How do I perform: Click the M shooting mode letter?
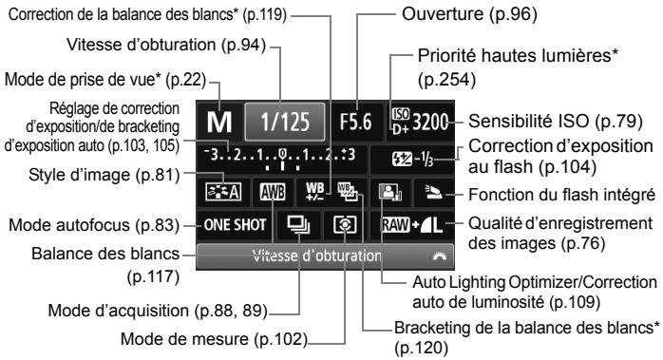click(218, 123)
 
